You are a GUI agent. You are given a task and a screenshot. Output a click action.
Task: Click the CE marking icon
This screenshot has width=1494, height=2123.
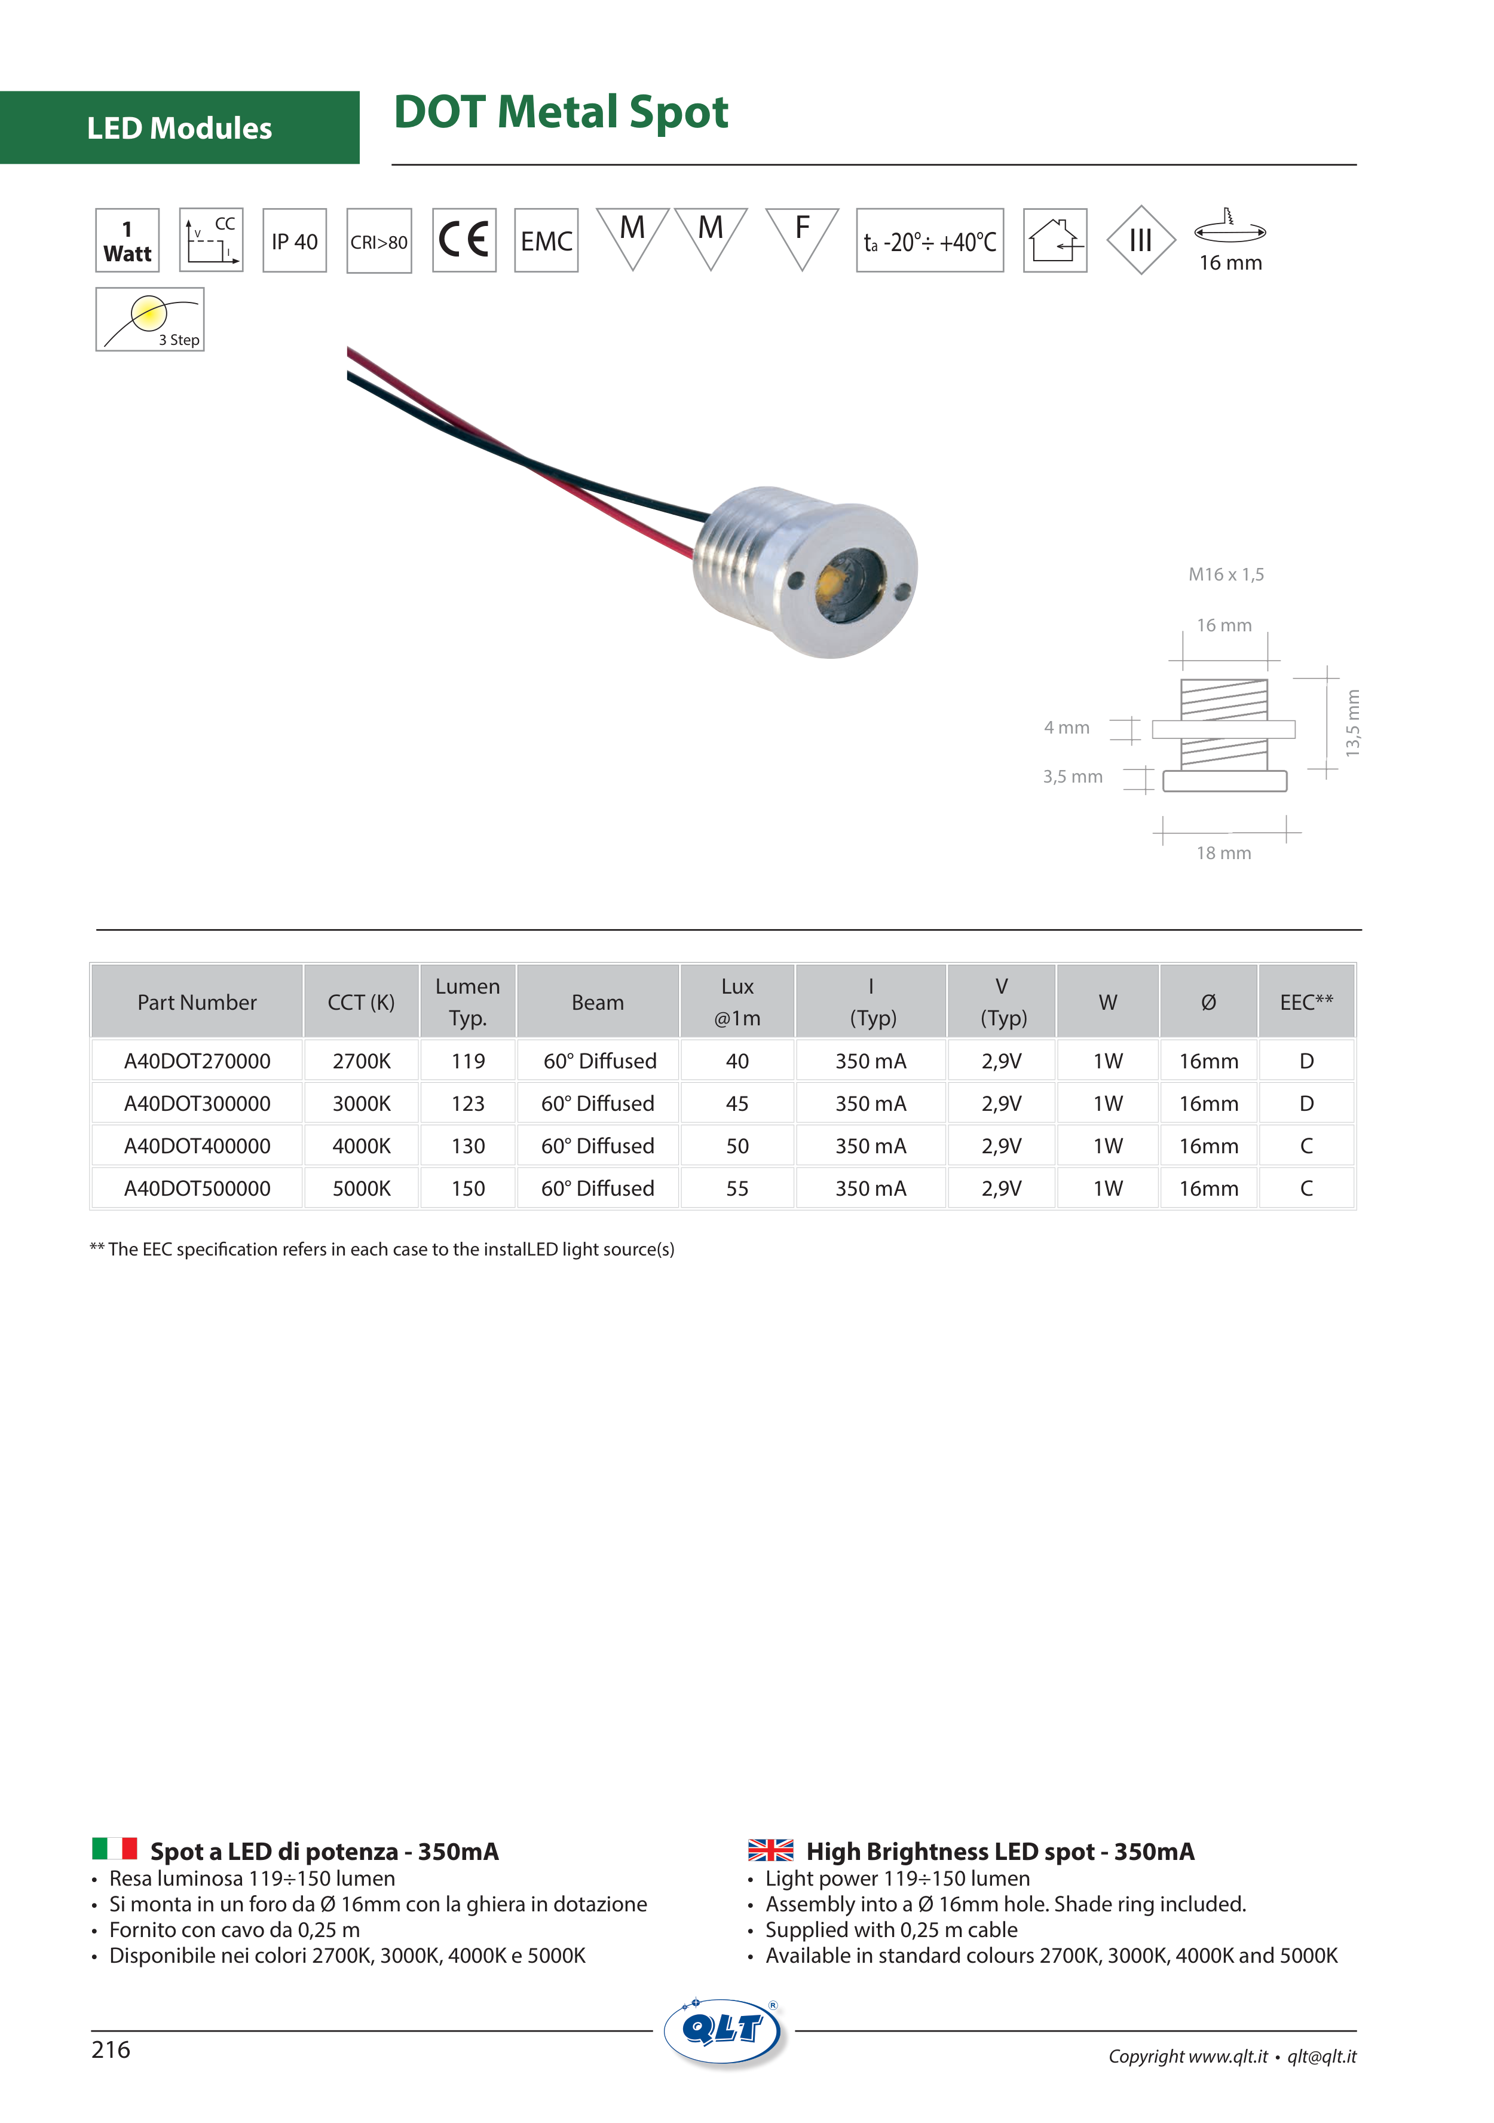(464, 240)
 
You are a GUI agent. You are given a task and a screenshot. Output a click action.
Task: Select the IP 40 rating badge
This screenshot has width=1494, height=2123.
(294, 240)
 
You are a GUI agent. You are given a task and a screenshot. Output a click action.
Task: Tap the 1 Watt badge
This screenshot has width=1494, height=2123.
(127, 240)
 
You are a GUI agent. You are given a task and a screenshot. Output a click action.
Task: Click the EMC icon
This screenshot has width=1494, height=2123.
(546, 240)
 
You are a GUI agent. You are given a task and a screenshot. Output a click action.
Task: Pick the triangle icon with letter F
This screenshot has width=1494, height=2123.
(801, 235)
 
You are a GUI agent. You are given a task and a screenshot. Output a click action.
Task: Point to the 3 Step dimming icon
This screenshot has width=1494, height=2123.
(150, 320)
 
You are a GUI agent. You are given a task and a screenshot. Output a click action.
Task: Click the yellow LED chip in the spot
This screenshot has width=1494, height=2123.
(830, 582)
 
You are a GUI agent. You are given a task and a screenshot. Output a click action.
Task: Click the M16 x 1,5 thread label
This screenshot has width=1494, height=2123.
(1226, 574)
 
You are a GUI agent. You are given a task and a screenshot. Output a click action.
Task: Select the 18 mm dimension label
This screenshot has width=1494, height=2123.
(1223, 853)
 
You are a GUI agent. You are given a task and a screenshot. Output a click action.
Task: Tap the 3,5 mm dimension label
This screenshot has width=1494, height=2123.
(1073, 777)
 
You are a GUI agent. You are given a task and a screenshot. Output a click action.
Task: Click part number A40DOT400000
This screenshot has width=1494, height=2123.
(197, 1145)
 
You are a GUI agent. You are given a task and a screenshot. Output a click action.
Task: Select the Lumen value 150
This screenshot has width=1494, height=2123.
(468, 1188)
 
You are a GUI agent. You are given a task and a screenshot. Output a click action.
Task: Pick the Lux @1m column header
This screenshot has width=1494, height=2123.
(737, 1001)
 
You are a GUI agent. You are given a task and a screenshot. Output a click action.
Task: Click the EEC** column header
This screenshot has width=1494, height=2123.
(1305, 1001)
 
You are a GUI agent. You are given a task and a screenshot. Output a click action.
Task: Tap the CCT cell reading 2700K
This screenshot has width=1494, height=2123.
(362, 1061)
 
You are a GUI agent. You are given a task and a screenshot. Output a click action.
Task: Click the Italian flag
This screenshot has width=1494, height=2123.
(115, 1849)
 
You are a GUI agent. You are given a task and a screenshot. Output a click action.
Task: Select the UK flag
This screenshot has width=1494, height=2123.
(770, 1849)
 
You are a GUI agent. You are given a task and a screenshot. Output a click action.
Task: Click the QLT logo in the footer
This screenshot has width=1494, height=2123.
(724, 2030)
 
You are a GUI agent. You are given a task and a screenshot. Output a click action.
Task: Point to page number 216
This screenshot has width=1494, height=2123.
(111, 2049)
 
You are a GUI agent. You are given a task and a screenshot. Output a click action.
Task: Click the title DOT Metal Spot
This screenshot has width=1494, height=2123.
(561, 112)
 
